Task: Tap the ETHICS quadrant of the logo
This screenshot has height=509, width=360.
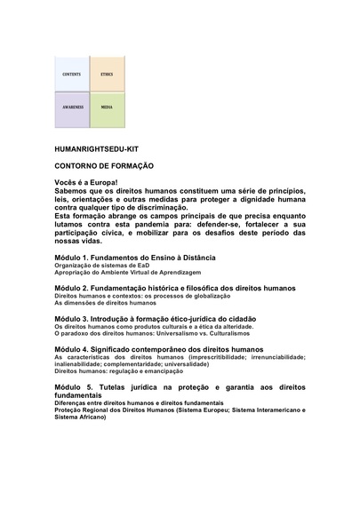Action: pos(107,73)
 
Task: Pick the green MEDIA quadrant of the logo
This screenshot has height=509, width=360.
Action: pos(107,107)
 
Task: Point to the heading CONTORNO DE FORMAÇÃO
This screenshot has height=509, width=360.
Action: pos(105,166)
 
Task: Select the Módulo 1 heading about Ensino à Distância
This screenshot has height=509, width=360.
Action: pos(136,257)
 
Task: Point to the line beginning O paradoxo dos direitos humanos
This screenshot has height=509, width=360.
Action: pos(141,334)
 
